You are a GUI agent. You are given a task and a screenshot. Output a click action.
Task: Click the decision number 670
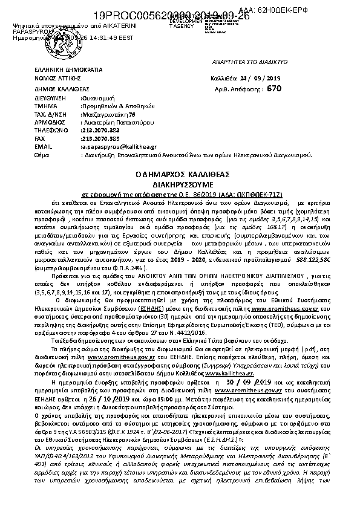[x=274, y=88]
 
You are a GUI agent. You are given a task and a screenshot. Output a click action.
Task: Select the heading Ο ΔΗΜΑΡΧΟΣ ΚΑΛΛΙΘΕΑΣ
[x=180, y=173]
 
